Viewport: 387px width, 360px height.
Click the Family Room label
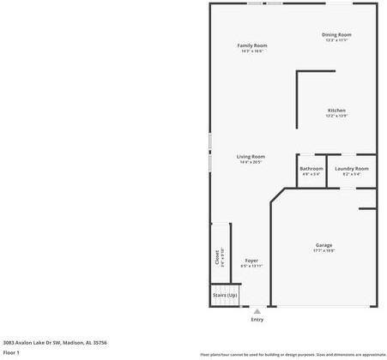252,45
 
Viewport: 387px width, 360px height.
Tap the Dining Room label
337,34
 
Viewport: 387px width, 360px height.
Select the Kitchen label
336,111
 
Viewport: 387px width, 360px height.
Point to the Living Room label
251,156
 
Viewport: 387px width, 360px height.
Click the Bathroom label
311,168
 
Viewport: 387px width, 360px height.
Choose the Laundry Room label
352,168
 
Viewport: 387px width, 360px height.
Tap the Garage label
324,245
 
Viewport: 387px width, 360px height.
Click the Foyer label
251,261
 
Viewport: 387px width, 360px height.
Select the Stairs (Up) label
225,295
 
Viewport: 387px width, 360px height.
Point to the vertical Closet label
217,257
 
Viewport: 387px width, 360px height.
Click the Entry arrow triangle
257,311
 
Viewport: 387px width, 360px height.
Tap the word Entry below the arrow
257,320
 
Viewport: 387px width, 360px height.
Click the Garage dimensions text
324,251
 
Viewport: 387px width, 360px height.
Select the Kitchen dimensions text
336,117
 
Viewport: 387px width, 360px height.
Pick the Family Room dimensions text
252,51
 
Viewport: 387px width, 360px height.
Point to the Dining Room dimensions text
337,40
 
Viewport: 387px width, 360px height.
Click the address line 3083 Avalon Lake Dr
55,341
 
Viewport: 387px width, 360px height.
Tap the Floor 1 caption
12,352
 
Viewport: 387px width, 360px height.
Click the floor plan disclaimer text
293,354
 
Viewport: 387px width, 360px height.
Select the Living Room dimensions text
251,162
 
